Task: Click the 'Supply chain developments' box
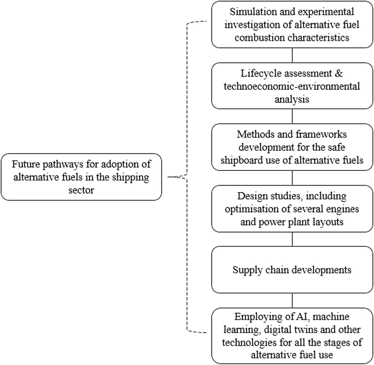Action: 292,270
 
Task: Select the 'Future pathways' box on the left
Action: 81,177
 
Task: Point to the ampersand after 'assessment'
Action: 339,73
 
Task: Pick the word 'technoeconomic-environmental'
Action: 292,86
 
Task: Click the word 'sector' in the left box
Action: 81,190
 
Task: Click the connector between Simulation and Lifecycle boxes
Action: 292,55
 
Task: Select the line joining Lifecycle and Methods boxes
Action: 292,116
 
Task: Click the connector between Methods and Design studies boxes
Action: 292,178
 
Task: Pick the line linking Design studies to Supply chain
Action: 292,239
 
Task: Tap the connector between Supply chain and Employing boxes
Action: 292,300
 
